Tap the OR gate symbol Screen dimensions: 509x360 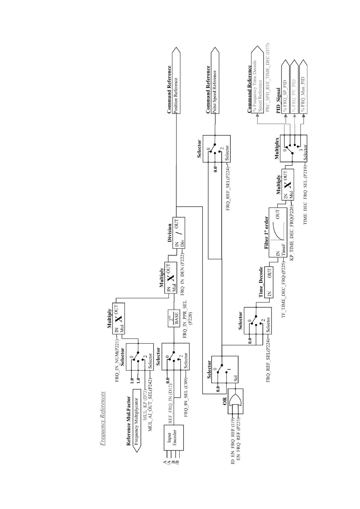[x=235, y=401]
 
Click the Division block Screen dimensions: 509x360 [x=178, y=233]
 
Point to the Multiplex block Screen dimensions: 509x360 [x=293, y=148]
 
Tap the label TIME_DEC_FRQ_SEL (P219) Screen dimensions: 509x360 [x=305, y=195]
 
